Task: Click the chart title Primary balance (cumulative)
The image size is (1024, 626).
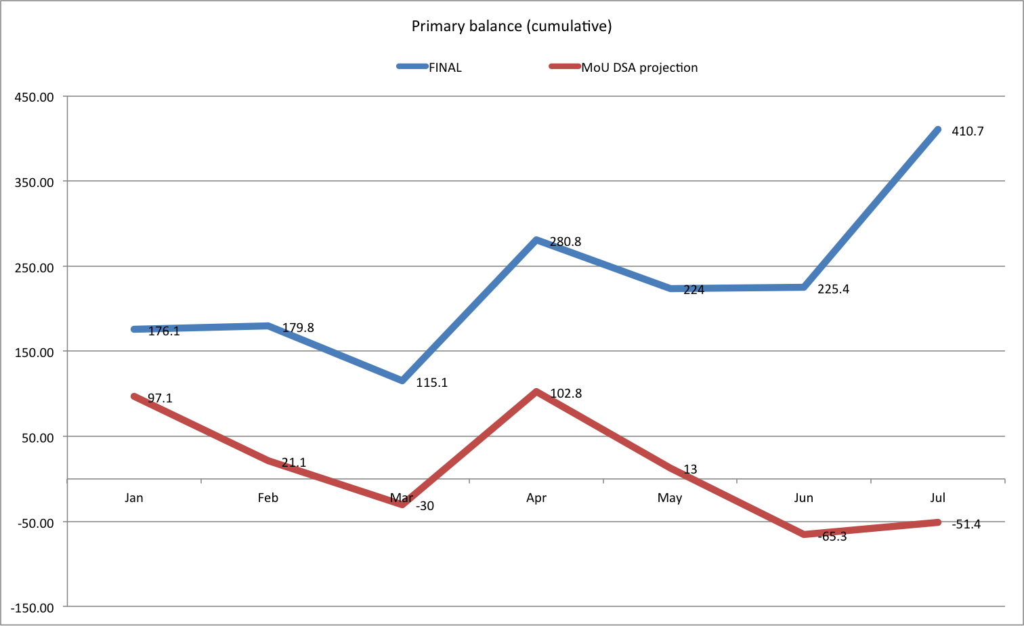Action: pos(511,26)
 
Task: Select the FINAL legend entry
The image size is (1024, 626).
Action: pos(445,67)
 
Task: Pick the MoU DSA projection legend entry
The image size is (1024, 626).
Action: pos(639,67)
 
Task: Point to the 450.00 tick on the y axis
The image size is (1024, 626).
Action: pos(35,97)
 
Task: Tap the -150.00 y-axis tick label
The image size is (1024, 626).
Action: pos(33,607)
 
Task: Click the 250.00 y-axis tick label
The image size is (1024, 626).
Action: pos(35,267)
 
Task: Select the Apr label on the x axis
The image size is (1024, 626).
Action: pos(536,498)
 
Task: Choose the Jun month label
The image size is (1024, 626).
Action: pos(803,498)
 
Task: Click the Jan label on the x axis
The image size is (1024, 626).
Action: pos(134,498)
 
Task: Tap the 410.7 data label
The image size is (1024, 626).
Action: pos(967,131)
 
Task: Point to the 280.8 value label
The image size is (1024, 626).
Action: pos(566,242)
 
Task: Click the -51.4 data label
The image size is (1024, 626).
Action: pos(966,524)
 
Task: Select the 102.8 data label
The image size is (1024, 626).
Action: pos(566,394)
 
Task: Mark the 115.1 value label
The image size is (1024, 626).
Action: pos(431,383)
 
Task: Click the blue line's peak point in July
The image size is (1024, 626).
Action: pos(938,129)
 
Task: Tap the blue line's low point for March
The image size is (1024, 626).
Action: pos(402,381)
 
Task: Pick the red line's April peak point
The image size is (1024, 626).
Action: pos(536,392)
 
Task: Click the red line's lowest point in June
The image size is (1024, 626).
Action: pos(805,535)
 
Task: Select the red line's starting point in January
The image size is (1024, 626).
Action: pos(134,396)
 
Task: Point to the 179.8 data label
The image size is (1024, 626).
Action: pos(298,328)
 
